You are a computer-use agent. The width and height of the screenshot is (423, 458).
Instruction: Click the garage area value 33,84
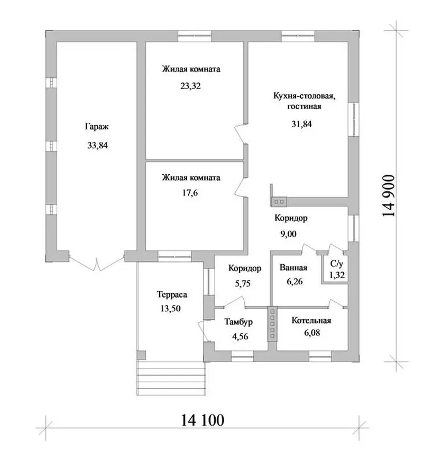pos(97,145)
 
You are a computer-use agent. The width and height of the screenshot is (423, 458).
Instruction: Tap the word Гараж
pos(97,127)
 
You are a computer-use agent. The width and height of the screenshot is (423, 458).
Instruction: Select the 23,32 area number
pos(190,86)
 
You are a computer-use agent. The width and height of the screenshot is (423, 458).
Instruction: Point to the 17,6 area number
pos(190,193)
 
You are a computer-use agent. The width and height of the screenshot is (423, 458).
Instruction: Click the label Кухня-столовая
pos(304,96)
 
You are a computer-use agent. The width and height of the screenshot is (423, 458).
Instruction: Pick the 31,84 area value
pos(301,124)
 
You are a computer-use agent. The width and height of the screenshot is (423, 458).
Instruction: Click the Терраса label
pos(172,294)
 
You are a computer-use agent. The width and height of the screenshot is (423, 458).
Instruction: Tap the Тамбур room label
pos(238,322)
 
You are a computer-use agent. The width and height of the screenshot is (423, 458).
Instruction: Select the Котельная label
pos(311,320)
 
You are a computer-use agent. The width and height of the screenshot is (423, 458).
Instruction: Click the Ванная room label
pos(293,267)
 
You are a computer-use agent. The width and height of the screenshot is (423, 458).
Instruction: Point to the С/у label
pos(337,264)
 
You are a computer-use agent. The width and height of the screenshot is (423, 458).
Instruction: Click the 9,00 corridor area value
pos(289,234)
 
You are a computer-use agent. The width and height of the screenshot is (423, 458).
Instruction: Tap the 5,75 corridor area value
pos(242,284)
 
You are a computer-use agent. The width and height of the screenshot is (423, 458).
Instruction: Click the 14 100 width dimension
pos(203,420)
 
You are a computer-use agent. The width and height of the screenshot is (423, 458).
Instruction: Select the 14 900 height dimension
pos(389,195)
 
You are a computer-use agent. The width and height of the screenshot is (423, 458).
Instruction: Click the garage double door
pos(97,263)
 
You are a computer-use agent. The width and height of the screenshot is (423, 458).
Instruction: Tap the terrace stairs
pos(171,378)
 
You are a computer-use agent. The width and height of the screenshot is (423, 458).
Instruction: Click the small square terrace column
pos(141,355)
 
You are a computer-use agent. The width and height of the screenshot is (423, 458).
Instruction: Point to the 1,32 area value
pos(337,275)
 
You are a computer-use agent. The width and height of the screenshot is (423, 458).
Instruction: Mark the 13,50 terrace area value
pos(170,309)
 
